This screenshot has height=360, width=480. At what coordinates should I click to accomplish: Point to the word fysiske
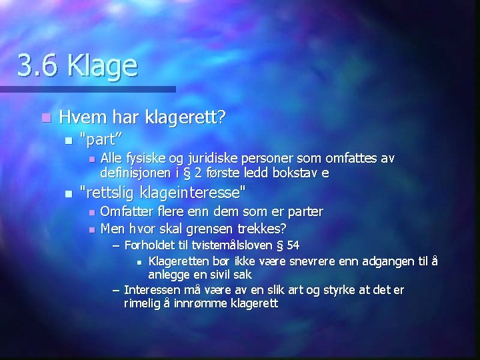pos(143,159)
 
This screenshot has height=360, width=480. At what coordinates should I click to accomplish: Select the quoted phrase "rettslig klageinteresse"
pos(162,193)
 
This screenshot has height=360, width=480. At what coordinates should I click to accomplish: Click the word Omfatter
pos(125,211)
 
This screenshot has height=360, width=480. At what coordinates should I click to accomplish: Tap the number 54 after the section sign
pos(292,245)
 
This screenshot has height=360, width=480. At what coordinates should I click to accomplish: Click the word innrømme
pos(199,303)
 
